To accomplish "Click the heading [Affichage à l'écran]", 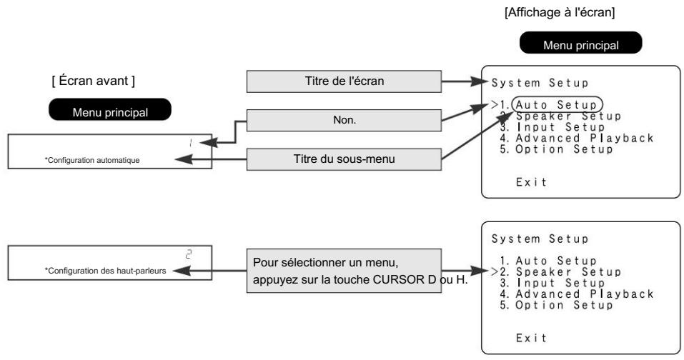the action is (x=560, y=12).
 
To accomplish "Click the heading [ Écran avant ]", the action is (x=94, y=81).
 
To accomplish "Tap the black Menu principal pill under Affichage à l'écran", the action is (x=580, y=43).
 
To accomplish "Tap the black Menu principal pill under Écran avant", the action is (x=110, y=109).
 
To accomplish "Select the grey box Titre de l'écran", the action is (x=344, y=81).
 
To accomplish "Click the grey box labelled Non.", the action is (x=344, y=120).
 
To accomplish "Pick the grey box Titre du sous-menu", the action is (x=344, y=159).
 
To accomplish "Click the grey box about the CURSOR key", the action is (x=344, y=271).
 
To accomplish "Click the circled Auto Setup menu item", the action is (x=557, y=104).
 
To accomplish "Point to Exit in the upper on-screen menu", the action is (x=531, y=182).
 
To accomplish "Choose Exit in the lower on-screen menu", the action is (x=531, y=338).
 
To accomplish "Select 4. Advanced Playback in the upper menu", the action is (x=576, y=138).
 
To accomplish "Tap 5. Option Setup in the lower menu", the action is (x=556, y=305).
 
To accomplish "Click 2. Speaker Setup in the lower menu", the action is (x=560, y=272).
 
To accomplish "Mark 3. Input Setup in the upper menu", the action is (x=552, y=127).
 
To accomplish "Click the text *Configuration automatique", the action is (x=92, y=161).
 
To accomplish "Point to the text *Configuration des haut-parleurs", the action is (x=105, y=271).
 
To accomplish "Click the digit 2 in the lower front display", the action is (x=189, y=254).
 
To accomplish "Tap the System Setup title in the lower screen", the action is (x=540, y=239).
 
